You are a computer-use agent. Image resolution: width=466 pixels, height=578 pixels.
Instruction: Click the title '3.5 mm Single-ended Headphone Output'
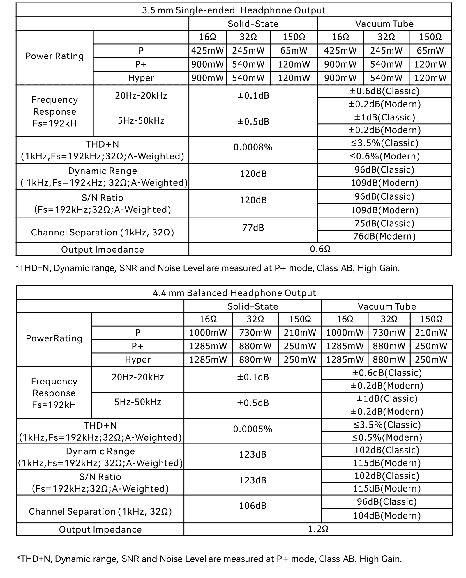click(234, 10)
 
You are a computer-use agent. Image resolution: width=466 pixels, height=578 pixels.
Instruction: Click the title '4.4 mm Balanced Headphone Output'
click(234, 293)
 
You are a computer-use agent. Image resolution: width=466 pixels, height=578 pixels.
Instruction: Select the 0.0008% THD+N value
click(253, 147)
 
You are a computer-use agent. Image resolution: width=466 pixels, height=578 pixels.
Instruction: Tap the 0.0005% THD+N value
click(253, 429)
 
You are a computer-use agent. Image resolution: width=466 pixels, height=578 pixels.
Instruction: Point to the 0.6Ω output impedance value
click(320, 249)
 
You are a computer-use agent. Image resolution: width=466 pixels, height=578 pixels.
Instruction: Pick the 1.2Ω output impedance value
click(318, 529)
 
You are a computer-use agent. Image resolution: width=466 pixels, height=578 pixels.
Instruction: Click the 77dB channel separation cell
click(253, 228)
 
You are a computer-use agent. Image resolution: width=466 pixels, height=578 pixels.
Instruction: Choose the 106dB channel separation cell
click(253, 506)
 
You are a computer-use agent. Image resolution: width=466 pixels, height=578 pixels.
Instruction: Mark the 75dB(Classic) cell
click(384, 223)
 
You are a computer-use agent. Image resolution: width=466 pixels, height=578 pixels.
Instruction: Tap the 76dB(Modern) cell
click(384, 236)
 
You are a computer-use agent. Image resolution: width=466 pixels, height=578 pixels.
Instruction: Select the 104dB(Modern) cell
click(387, 516)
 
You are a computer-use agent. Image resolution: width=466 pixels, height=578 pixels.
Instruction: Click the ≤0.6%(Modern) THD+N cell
click(384, 156)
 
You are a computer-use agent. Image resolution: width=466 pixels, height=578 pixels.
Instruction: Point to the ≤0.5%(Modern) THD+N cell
click(387, 437)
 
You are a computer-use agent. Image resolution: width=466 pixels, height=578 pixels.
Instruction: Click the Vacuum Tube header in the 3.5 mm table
click(384, 24)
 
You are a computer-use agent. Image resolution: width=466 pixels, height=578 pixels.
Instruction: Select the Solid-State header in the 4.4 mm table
click(253, 306)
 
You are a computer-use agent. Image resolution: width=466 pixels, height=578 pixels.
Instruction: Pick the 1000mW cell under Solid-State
click(208, 333)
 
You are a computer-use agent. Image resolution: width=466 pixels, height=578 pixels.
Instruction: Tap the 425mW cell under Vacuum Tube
click(340, 51)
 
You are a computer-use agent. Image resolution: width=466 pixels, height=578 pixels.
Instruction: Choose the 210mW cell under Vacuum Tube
click(431, 333)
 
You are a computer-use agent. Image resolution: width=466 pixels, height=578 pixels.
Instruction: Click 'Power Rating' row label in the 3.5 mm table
click(54, 56)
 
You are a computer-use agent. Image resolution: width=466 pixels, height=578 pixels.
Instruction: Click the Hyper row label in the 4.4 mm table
click(137, 360)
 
